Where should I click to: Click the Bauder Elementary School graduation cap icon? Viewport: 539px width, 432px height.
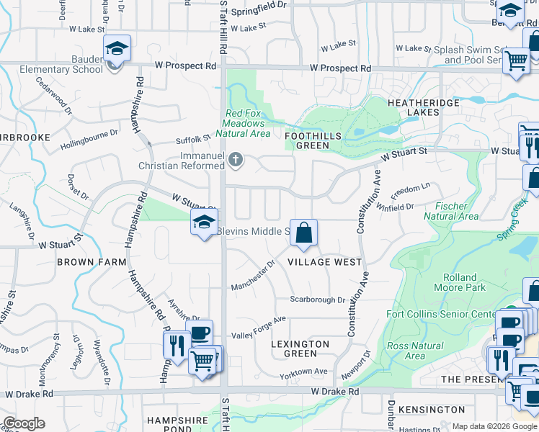coord(117,49)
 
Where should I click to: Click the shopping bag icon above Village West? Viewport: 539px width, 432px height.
coord(304,233)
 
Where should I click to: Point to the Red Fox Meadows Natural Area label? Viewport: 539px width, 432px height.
coord(247,123)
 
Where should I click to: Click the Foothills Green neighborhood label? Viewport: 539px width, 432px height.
coord(307,140)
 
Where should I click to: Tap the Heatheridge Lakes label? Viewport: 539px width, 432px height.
coord(423,107)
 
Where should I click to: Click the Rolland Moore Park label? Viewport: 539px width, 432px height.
coord(460,282)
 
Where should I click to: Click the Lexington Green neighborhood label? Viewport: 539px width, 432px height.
coord(300,348)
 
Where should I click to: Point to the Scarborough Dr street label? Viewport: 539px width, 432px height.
coord(318,300)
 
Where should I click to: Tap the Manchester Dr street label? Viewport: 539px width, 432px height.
coord(253,276)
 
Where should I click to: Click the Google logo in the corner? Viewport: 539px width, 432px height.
coord(24,423)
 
